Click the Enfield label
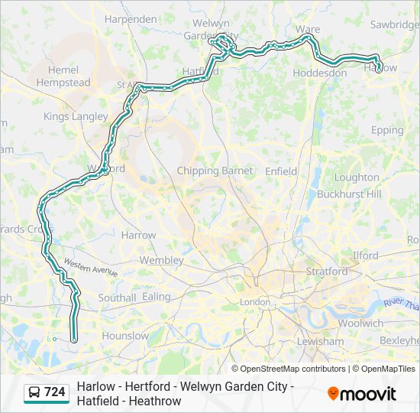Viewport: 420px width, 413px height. click(x=281, y=171)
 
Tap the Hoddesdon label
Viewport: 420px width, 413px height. click(x=320, y=73)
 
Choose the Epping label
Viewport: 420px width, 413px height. click(x=387, y=130)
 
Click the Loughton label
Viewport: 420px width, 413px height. click(x=357, y=177)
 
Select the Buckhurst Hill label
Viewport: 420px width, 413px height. click(x=349, y=194)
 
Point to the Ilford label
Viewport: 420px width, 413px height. click(x=366, y=255)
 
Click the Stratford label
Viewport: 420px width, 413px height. click(x=326, y=271)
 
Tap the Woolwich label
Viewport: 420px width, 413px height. click(x=360, y=323)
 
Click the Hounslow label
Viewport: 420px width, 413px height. click(x=125, y=336)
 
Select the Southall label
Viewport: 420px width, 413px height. click(x=117, y=298)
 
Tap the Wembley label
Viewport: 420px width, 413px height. click(x=161, y=260)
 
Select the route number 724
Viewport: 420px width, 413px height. click(x=54, y=392)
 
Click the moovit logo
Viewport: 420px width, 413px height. click(x=362, y=393)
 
